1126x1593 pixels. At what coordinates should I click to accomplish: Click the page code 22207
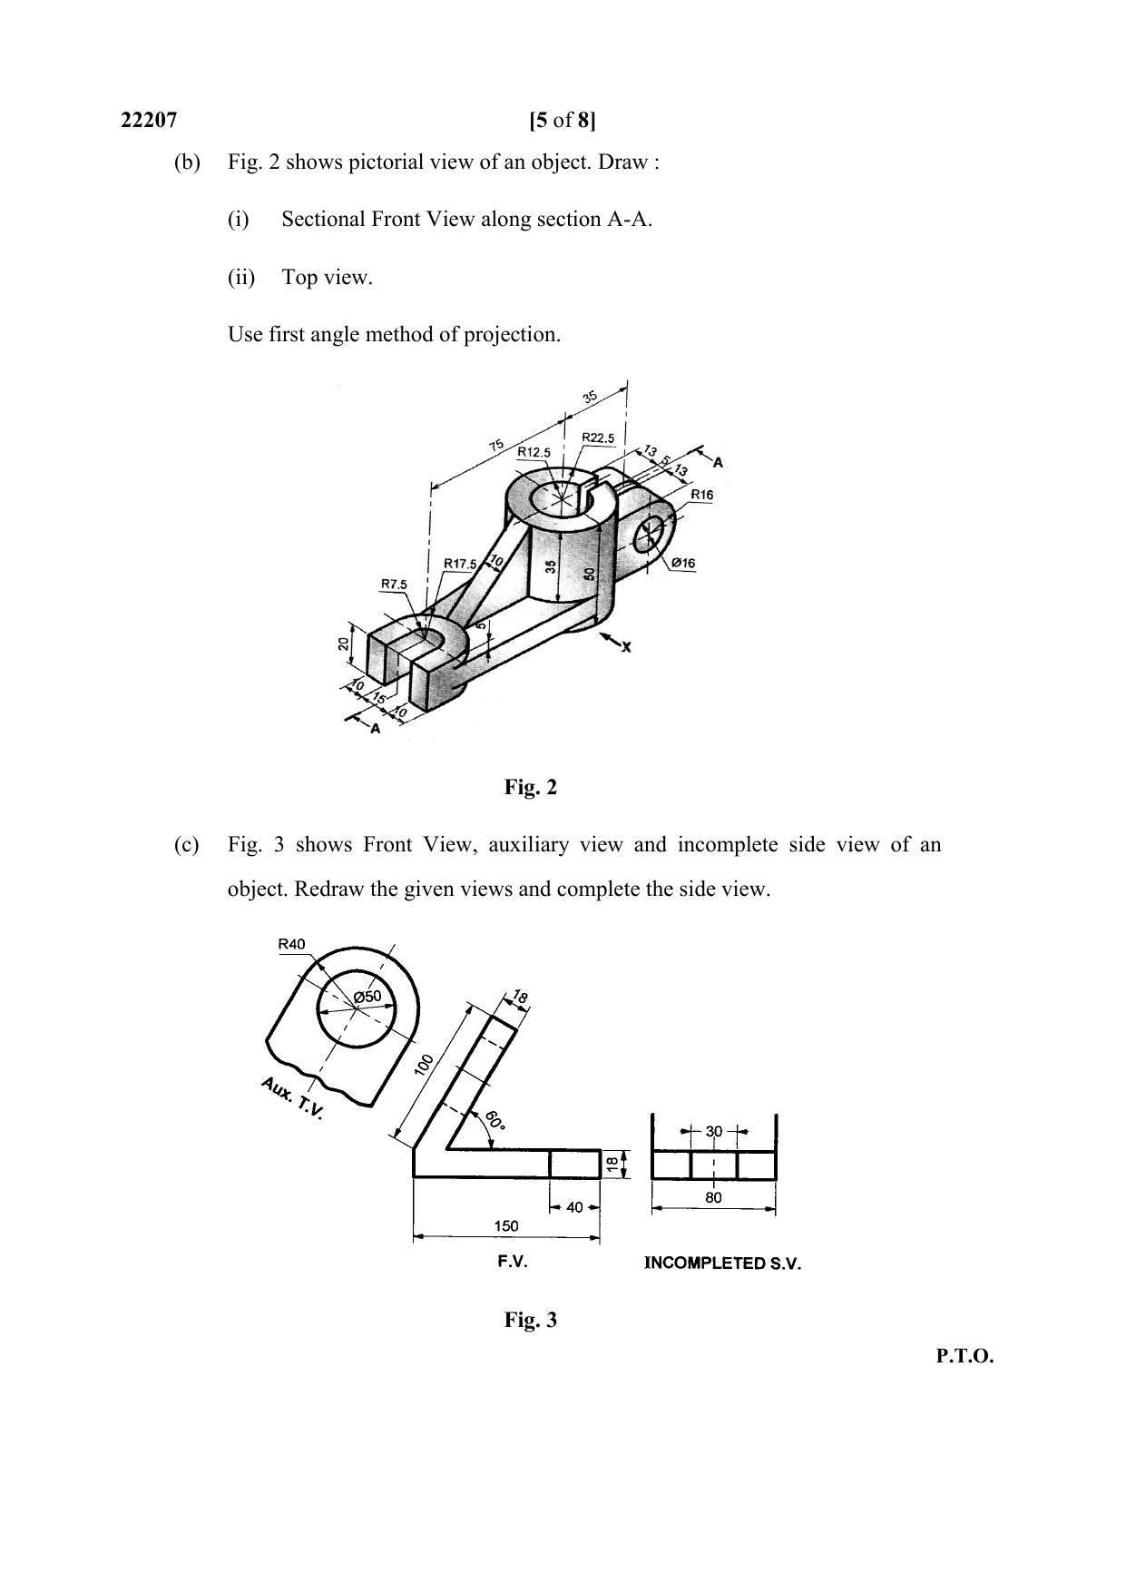tap(149, 120)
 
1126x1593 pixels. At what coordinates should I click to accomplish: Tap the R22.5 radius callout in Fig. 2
tap(598, 438)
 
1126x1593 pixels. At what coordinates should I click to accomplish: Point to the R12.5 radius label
tap(534, 452)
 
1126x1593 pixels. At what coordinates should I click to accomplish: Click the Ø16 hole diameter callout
tap(683, 564)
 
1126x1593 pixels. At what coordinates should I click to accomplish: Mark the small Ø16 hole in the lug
tap(650, 534)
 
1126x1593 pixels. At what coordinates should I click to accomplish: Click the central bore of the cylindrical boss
tap(558, 498)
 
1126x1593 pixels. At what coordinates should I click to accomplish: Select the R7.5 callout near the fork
tap(394, 585)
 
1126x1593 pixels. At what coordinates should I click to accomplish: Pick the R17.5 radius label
tap(460, 564)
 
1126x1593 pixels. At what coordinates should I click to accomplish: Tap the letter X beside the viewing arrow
tap(626, 647)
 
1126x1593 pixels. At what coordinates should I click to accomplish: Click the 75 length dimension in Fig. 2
tap(496, 446)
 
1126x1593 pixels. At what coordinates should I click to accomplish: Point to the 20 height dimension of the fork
tap(343, 644)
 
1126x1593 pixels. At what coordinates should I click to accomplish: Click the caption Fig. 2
tap(531, 788)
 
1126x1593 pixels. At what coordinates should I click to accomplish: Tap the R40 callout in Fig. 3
tap(291, 944)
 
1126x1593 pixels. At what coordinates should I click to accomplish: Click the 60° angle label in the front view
tap(495, 1120)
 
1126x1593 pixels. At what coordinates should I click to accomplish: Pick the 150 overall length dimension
tap(505, 1225)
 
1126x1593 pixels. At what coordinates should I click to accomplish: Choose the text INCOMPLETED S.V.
tap(722, 1264)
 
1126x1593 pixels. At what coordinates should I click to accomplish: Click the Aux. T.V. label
tap(291, 1098)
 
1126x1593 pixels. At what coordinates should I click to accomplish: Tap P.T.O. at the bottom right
tap(964, 1357)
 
